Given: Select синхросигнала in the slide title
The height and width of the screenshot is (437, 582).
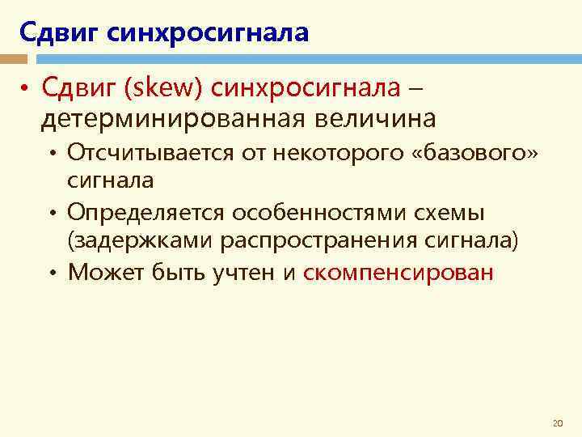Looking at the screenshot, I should [x=207, y=33].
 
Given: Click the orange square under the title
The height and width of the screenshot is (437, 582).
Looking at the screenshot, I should [x=12, y=59].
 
